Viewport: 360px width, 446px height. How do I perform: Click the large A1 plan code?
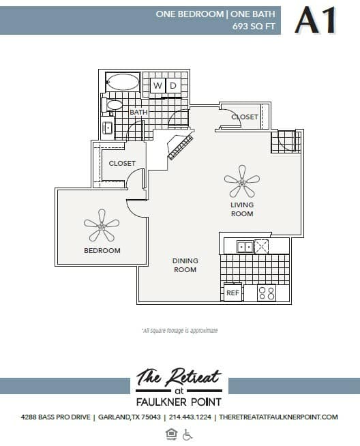pyautogui.click(x=316, y=20)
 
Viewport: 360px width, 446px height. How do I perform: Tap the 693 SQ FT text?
pyautogui.click(x=254, y=26)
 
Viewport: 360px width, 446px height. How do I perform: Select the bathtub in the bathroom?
pyautogui.click(x=123, y=83)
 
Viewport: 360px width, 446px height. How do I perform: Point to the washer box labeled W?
pyautogui.click(x=157, y=86)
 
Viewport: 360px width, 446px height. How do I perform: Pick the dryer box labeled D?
pyautogui.click(x=173, y=86)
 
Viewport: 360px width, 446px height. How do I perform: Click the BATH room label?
pyautogui.click(x=139, y=113)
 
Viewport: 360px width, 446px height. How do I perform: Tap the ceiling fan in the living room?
pyautogui.click(x=241, y=181)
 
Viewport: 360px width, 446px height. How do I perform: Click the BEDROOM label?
pyautogui.click(x=102, y=251)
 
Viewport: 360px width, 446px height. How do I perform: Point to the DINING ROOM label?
pyautogui.click(x=185, y=265)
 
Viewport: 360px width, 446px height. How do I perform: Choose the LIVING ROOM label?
pyautogui.click(x=241, y=209)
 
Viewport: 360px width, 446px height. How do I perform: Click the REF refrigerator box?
pyautogui.click(x=232, y=293)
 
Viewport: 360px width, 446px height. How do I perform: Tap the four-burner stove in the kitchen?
pyautogui.click(x=267, y=293)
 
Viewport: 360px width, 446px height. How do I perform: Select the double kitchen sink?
pyautogui.click(x=244, y=246)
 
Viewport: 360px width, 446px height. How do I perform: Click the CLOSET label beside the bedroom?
pyautogui.click(x=122, y=164)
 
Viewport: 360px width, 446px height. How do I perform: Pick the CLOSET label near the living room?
pyautogui.click(x=245, y=117)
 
